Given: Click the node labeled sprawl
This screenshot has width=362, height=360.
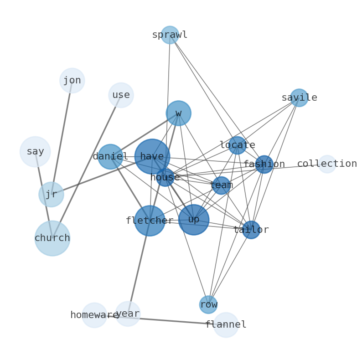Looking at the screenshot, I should [x=170, y=35].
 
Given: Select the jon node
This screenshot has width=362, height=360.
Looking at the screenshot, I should [x=72, y=81].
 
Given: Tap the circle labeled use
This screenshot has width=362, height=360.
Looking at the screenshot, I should [x=121, y=95].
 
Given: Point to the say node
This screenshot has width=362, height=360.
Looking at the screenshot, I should [x=35, y=152].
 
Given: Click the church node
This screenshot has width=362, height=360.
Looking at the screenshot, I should [x=52, y=238].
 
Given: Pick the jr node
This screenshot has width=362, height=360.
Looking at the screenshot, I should [x=51, y=195].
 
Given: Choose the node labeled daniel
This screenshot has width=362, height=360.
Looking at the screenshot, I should [x=110, y=157].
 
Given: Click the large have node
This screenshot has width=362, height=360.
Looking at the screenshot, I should [x=152, y=157].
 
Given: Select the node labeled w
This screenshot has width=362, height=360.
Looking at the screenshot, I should [x=178, y=113].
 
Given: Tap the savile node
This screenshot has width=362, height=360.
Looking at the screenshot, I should [x=299, y=98].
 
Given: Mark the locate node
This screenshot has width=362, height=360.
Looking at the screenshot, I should [x=237, y=145].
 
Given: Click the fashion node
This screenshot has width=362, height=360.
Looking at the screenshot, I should [x=264, y=165].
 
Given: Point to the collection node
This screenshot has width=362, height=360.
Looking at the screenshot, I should [x=327, y=164].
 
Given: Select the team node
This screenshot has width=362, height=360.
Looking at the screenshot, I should [x=221, y=185].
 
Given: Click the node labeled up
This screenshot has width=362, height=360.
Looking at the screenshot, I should [x=194, y=220].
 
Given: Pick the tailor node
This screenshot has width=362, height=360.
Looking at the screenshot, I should [x=251, y=230].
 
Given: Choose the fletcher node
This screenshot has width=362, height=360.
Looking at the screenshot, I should [x=150, y=221].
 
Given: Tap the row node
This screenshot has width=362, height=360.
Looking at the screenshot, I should [x=208, y=305].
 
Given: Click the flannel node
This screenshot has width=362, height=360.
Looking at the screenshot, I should [x=226, y=325].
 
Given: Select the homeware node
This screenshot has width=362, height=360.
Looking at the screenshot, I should [x=94, y=315].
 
